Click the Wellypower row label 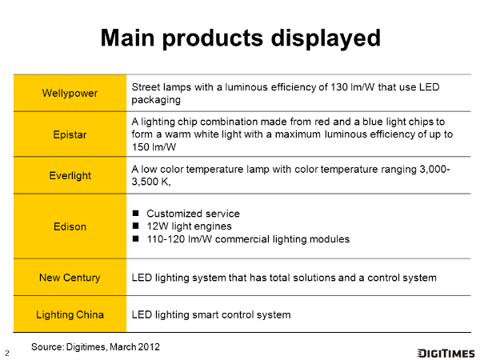pos(70,93)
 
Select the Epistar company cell pos(70,134)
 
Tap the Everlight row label pos(70,176)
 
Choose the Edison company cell pos(70,226)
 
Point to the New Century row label pos(70,278)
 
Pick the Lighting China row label pos(70,314)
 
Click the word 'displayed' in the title pos(326,38)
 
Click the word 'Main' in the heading pos(128,38)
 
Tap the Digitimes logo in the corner pos(446,353)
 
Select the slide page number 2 pos(7,354)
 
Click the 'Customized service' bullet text pos(193,214)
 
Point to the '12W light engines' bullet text pos(189,226)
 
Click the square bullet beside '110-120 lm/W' pos(136,238)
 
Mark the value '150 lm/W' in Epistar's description pos(154,147)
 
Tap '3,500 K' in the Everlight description pos(151,182)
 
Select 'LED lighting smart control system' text pos(211,314)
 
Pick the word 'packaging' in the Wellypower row pos(156,100)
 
